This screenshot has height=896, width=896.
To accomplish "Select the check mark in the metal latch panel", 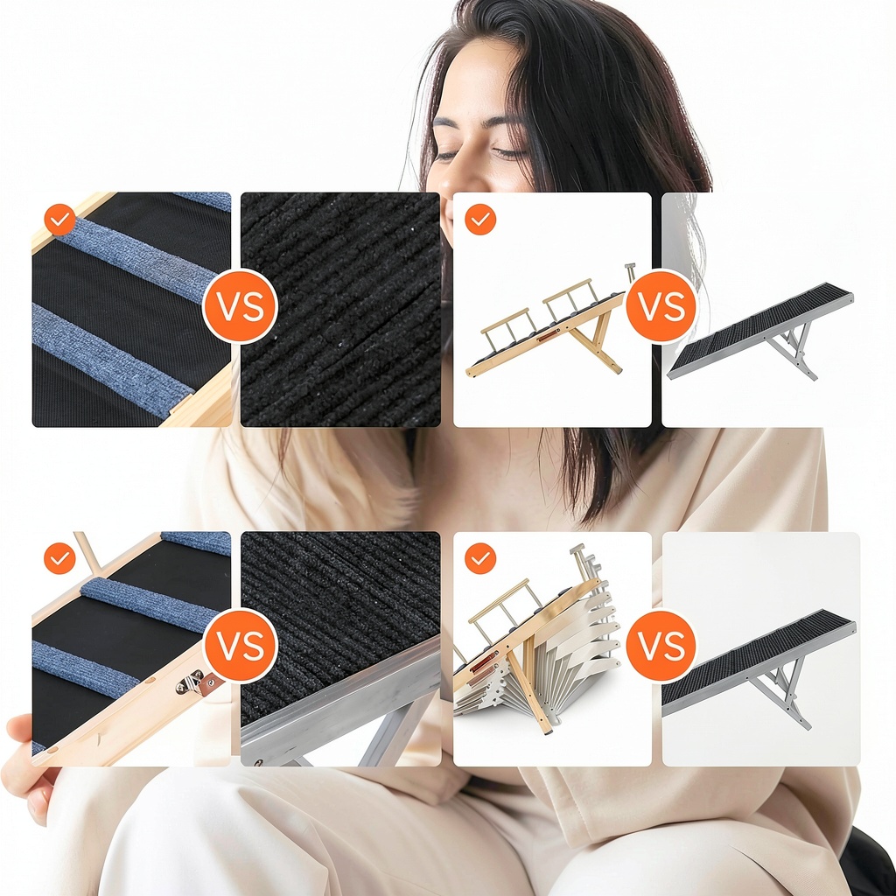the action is (x=60, y=558).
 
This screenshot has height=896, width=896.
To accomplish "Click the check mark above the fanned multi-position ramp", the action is (x=480, y=558).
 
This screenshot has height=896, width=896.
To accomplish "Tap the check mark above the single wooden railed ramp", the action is (x=480, y=220).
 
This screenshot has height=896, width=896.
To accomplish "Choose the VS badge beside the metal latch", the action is (x=241, y=646).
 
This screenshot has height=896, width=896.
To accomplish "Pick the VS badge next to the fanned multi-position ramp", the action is (x=661, y=646).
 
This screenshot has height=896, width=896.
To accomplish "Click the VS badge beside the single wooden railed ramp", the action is (x=661, y=306).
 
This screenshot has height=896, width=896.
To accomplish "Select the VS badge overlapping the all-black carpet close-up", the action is (x=241, y=306).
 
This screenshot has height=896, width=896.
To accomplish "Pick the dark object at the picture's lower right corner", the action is (x=869, y=863).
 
